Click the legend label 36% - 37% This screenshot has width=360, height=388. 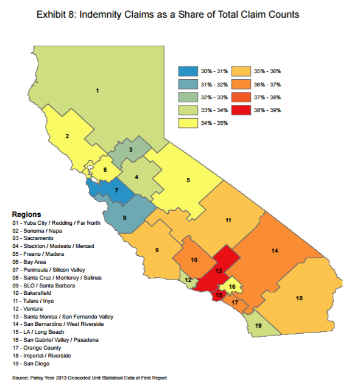pos(286,85)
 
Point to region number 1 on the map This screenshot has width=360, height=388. pos(97,91)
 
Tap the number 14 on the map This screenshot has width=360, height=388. pos(275,250)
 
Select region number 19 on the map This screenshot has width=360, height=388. pos(258,326)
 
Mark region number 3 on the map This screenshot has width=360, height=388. pos(130,150)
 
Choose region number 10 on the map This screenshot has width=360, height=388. pos(194,260)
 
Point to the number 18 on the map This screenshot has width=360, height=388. pos(299,298)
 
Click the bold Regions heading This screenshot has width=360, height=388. pos(26,215)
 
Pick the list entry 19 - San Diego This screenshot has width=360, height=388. pos(35,363)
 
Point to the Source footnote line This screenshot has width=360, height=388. pos(90,378)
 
